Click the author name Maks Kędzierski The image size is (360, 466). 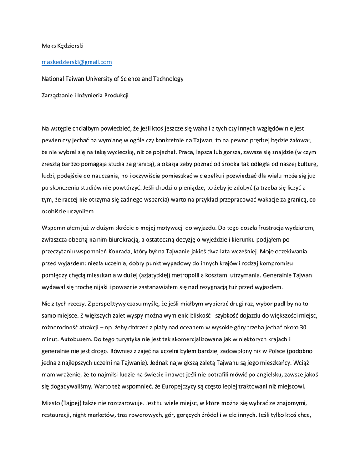coord(63,46)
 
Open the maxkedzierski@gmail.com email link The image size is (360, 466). coord(76,62)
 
